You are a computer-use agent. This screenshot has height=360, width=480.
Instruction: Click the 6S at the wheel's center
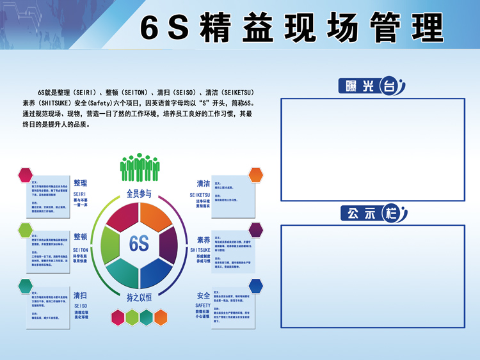[139, 244]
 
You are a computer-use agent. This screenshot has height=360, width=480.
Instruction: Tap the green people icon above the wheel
[140, 168]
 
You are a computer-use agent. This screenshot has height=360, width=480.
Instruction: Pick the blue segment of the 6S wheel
[157, 270]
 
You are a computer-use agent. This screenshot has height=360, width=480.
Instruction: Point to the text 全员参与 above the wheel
[139, 193]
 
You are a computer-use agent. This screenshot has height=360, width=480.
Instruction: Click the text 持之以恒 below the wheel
[139, 298]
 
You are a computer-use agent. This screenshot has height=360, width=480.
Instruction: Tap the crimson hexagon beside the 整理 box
[26, 175]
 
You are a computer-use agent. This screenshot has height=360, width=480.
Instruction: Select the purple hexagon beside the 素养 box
[256, 230]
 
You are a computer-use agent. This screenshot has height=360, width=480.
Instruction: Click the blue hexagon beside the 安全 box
[256, 285]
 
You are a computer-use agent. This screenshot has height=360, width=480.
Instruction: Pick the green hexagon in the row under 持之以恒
[132, 317]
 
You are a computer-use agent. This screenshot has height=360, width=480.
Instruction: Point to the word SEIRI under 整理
[80, 192]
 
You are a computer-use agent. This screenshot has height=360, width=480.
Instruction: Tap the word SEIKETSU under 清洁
[200, 194]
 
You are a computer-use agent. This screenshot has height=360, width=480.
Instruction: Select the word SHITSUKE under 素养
[200, 250]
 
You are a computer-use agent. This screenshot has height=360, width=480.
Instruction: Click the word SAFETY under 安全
[203, 306]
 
